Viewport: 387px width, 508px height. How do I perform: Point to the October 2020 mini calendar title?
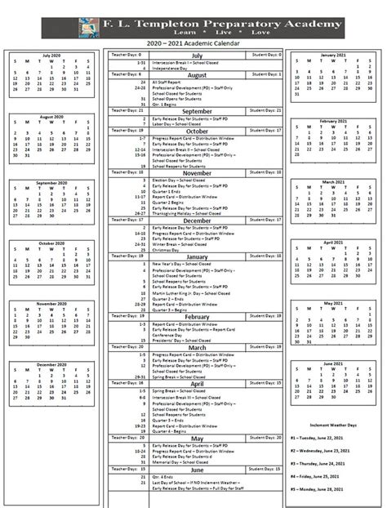51,243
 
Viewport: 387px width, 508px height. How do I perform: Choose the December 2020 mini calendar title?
51,364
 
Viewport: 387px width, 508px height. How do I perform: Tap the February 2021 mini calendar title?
334,120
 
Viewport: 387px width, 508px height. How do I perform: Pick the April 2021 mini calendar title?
334,243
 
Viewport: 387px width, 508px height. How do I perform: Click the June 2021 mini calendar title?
334,363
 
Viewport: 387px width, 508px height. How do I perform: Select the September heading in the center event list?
196,111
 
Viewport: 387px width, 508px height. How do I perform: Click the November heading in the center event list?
196,173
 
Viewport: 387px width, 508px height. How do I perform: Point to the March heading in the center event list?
196,347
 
